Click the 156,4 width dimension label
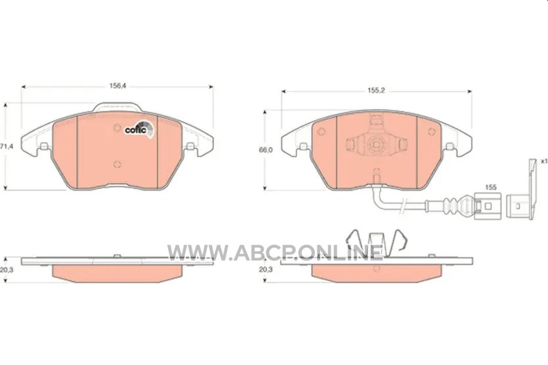(x=118, y=86)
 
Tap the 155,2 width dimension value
(x=376, y=91)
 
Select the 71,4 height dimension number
(x=7, y=146)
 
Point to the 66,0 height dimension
(x=265, y=150)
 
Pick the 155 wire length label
(x=491, y=187)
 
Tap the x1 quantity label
(x=543, y=161)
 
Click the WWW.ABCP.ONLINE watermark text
(x=275, y=252)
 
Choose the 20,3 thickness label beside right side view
(x=265, y=270)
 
